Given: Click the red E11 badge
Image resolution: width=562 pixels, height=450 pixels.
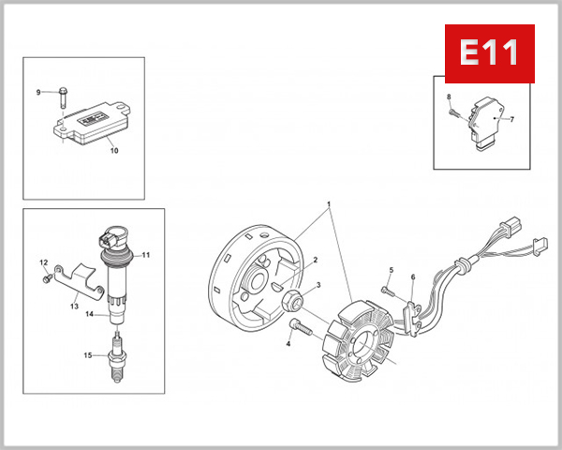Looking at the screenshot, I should [x=489, y=53].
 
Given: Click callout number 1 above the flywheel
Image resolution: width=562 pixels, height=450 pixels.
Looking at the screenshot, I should [x=329, y=203].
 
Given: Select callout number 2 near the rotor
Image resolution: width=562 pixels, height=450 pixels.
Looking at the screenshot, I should [x=316, y=260].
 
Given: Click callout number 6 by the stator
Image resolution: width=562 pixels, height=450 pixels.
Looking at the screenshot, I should [x=412, y=277].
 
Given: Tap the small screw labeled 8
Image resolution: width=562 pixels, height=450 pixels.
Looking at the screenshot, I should [x=454, y=111].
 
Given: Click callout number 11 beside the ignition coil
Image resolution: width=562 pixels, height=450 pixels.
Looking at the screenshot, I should [x=145, y=255].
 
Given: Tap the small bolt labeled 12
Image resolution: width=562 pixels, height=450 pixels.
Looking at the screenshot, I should [x=45, y=277].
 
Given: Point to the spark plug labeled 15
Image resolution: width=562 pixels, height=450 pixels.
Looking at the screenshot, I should [x=116, y=354].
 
